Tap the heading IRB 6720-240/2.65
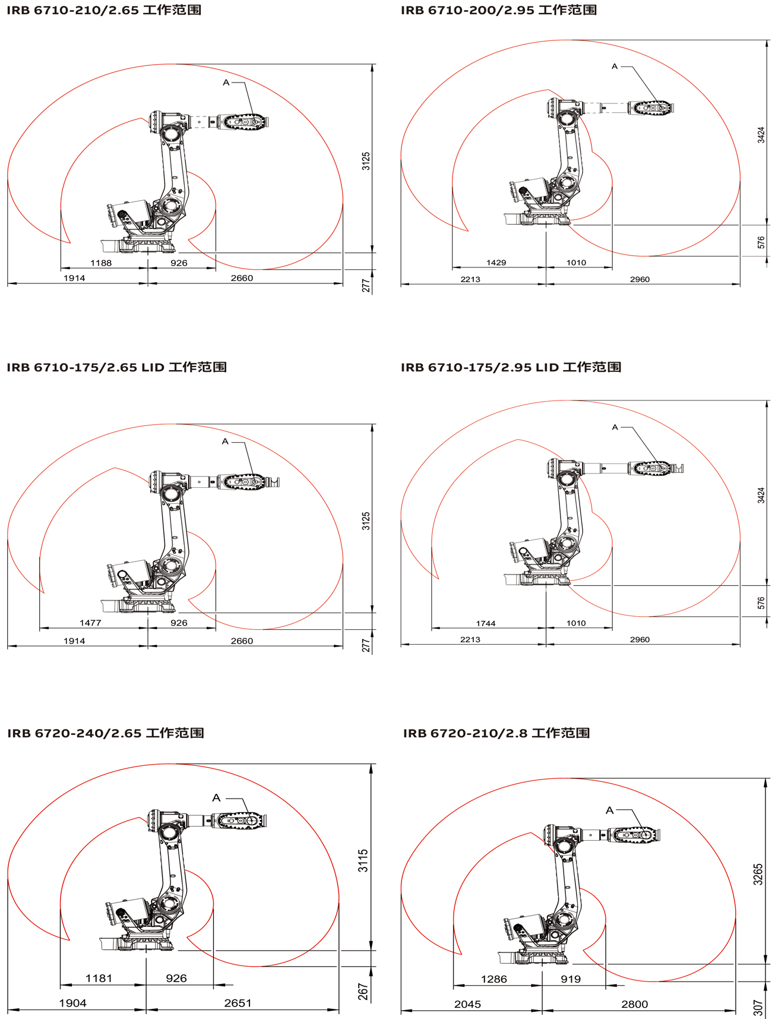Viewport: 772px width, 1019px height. tap(74, 733)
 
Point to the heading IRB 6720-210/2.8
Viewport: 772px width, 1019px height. tap(465, 733)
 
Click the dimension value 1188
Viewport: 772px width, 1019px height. tap(101, 263)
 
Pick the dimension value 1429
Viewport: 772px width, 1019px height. tap(496, 263)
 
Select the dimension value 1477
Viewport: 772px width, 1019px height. tap(90, 623)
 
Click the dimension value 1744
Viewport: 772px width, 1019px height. tap(486, 623)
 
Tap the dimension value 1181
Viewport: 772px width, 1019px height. tap(99, 978)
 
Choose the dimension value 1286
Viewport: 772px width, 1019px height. tap(494, 979)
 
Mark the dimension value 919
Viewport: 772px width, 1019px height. tap(571, 979)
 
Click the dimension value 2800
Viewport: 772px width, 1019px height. tap(635, 1004)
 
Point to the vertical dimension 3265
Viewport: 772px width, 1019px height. tap(758, 875)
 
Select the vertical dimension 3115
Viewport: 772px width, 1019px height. tap(363, 860)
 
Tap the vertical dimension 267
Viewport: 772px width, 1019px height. tap(363, 992)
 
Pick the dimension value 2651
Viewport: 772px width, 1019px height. tap(238, 1003)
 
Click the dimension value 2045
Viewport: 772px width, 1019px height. tap(468, 1004)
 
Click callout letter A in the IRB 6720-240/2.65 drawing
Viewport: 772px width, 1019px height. tap(216, 798)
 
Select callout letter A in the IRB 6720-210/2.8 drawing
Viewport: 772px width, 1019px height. tap(609, 810)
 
